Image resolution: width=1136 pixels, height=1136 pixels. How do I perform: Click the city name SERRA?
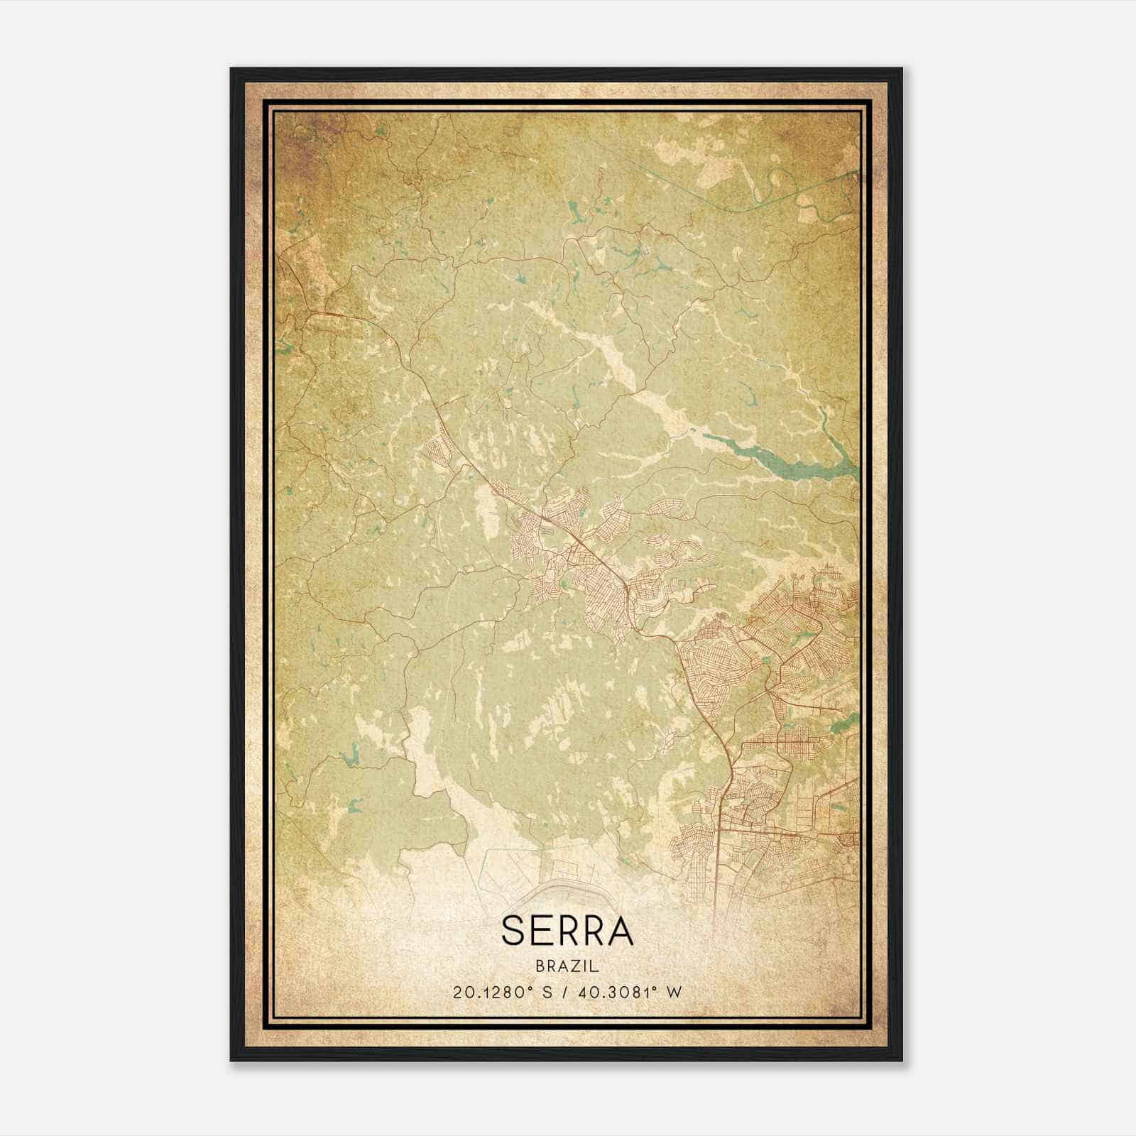pyautogui.click(x=567, y=931)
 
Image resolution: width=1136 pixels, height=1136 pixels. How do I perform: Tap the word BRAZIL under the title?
pyautogui.click(x=567, y=966)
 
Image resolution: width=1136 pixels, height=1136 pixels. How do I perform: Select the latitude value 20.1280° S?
pyautogui.click(x=501, y=993)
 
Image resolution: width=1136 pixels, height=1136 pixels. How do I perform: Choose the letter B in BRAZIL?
pyautogui.click(x=542, y=966)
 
